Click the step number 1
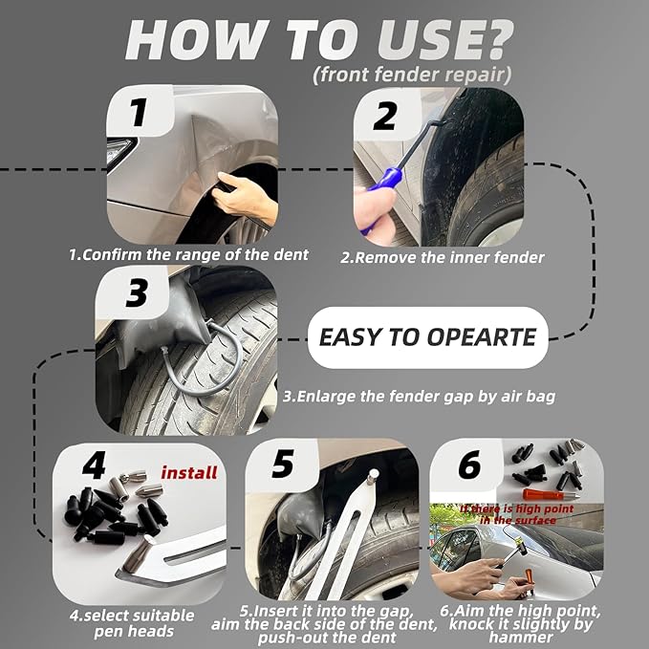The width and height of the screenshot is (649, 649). [140, 114]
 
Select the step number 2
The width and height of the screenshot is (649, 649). [384, 118]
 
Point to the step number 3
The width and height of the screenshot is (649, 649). [136, 293]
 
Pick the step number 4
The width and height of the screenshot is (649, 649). [93, 467]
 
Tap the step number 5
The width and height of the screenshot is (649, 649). [282, 464]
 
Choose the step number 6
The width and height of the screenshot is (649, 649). [468, 465]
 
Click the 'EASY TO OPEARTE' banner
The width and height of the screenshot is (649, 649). [426, 337]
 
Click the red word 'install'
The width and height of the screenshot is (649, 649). [188, 472]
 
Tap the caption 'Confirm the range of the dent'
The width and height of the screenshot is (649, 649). [188, 255]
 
